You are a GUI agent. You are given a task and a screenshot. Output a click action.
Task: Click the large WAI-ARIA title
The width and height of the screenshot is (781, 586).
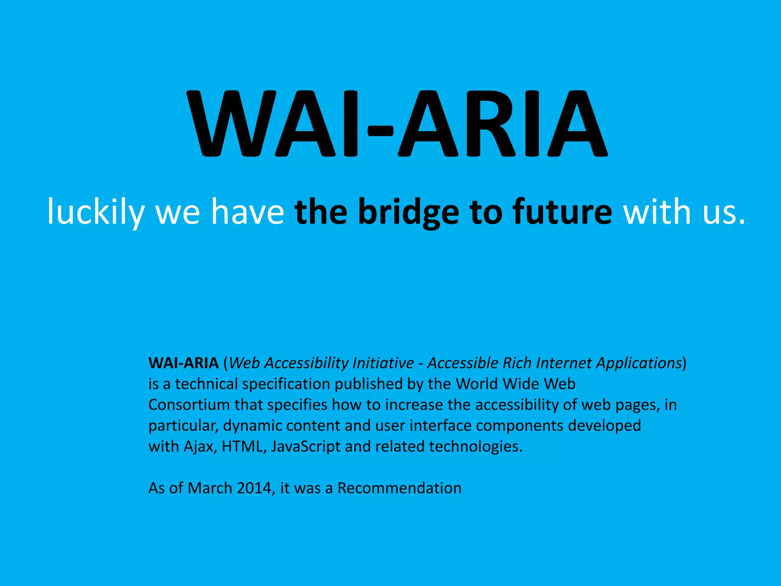coord(397,124)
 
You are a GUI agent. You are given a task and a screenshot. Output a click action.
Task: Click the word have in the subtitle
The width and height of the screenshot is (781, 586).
coord(247,212)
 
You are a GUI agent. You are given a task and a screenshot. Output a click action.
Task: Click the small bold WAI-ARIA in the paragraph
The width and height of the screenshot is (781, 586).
coord(183,363)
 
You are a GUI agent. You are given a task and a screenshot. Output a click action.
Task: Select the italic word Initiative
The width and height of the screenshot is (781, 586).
coord(383,363)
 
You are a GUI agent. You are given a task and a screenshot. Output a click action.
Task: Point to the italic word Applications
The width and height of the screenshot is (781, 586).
coord(639,363)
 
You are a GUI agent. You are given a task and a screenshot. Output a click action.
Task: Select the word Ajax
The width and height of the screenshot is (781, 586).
coord(198,447)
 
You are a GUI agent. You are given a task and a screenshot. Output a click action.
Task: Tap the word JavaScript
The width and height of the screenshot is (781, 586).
coord(305,447)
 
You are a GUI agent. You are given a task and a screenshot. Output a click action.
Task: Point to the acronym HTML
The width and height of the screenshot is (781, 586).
coord(242,446)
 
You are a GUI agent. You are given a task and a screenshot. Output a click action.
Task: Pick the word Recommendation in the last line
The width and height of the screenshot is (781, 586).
coord(399,488)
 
